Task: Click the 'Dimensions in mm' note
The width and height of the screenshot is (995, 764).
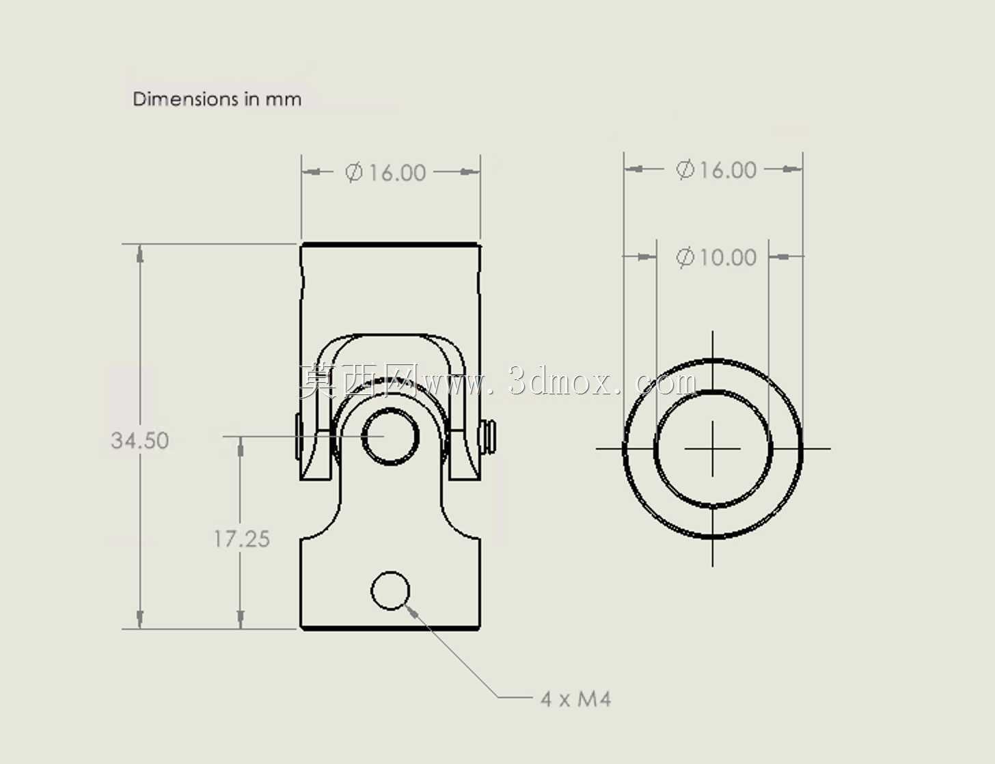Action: pos(217,99)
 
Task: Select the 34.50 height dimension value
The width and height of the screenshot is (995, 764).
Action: pos(140,440)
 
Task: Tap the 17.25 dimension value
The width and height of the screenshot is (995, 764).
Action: pos(242,538)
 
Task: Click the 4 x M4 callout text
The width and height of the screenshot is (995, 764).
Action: pos(575,699)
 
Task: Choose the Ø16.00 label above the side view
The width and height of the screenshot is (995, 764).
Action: pos(385,173)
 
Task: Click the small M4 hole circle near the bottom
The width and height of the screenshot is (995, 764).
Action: pos(390,590)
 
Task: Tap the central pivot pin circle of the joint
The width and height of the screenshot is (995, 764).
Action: pos(390,437)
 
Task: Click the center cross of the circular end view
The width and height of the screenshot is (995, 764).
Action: pos(713,449)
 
